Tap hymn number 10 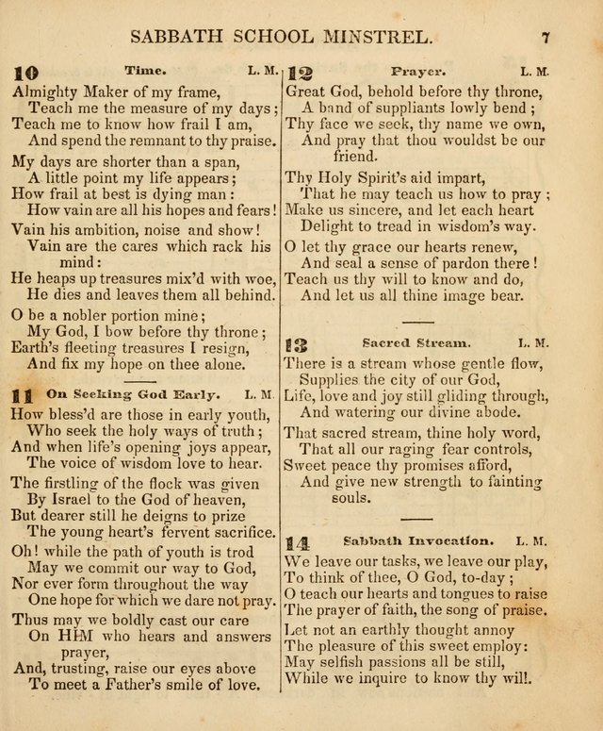click(26, 72)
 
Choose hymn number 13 click(299, 345)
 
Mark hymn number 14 click(298, 543)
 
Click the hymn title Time click(145, 70)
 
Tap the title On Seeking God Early click(132, 392)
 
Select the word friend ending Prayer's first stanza click(354, 157)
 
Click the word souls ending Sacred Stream click(354, 497)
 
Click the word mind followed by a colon click(74, 261)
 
